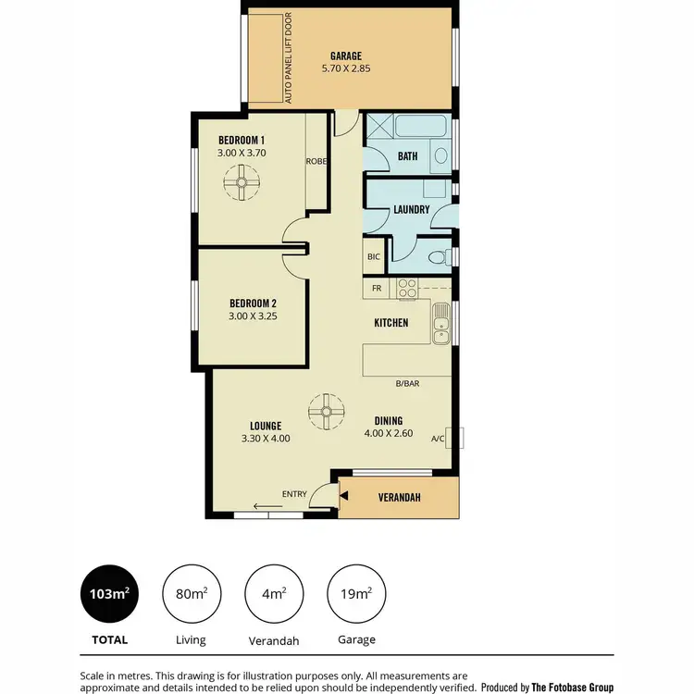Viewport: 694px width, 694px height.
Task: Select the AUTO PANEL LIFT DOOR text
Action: point(289,57)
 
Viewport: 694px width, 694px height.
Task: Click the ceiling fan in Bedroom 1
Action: point(242,182)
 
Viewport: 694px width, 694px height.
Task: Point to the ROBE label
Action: point(316,160)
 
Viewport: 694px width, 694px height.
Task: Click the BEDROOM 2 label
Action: point(254,303)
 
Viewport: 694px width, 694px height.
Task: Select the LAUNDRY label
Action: point(411,209)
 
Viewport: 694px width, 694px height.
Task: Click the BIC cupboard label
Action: point(374,257)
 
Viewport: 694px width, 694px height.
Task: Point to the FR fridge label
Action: point(377,289)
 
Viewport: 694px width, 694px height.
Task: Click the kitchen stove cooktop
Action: point(406,288)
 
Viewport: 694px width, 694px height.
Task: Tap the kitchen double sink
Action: point(441,328)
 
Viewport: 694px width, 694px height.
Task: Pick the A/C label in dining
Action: point(438,440)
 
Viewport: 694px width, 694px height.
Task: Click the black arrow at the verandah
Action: point(344,497)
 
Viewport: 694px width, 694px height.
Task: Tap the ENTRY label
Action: point(294,494)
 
